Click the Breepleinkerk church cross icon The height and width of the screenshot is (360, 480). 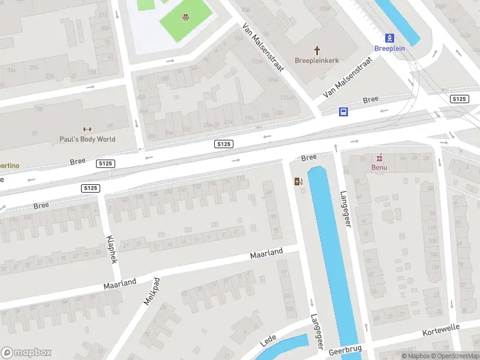pos(317,50)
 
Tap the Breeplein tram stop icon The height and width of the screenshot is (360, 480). pos(389,37)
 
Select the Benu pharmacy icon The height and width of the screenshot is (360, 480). pos(379,158)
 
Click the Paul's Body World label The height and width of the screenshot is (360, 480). pos(87,139)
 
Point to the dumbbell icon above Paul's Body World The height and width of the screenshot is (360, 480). pos(87,129)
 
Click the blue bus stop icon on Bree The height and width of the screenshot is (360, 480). pos(344,112)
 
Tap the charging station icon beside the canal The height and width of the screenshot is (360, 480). pos(298,181)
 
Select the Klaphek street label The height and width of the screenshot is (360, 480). pos(111,250)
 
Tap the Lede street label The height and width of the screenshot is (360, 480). pos(268,341)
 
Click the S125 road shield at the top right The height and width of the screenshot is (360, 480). pos(459,98)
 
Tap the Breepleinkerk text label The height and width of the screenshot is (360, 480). pos(317,60)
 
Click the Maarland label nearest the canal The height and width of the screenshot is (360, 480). pos(266,254)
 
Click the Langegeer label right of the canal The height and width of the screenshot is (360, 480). pos(345,209)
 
